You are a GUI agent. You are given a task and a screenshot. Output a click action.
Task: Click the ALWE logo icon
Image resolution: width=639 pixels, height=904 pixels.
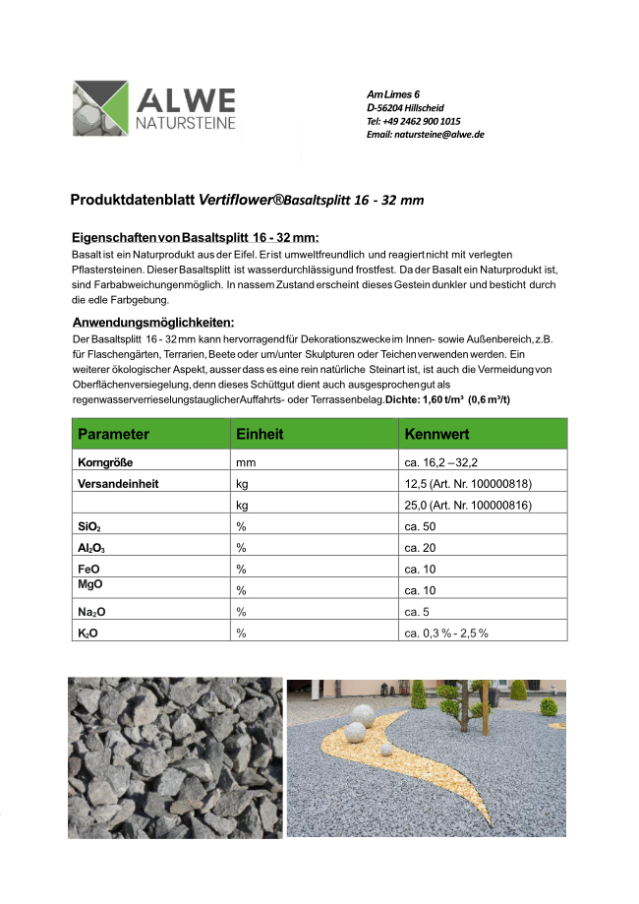[101, 108]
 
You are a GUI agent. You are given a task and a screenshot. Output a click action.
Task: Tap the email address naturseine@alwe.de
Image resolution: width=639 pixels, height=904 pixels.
[425, 135]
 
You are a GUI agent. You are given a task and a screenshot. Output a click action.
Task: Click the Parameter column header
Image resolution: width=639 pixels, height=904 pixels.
[113, 434]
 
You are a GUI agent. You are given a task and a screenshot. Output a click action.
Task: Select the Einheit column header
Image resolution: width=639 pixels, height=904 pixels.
[260, 434]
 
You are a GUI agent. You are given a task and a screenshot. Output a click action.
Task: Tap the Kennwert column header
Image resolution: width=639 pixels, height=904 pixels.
[436, 434]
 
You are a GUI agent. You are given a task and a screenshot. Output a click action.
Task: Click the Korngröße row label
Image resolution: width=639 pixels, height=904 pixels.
[105, 461]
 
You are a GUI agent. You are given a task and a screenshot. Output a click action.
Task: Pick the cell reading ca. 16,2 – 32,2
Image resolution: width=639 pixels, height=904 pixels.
[440, 461]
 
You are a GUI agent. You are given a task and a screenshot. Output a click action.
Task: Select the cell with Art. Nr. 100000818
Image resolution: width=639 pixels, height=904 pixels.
[468, 484]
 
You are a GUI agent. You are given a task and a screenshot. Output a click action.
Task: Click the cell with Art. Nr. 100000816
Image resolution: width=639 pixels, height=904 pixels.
[468, 507]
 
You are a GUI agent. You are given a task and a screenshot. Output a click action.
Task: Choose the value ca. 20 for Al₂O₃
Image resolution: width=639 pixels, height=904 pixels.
[421, 548]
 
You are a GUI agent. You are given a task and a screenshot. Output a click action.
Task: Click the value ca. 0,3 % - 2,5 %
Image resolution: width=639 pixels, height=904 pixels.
[446, 633]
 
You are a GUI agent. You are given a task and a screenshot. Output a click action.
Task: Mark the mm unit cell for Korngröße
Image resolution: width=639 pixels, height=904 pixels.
[245, 461]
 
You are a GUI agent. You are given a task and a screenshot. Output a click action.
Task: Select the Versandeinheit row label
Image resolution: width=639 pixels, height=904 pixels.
[118, 484]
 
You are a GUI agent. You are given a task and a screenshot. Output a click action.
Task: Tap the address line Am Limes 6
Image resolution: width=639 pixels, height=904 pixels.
[393, 93]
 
